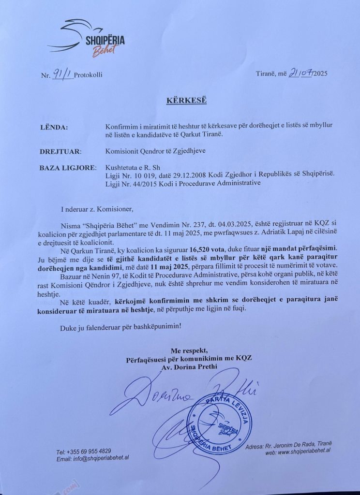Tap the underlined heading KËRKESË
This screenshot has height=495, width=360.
[x=180, y=101]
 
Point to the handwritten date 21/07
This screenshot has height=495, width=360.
[x=300, y=73]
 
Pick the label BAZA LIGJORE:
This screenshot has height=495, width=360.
[x=68, y=168]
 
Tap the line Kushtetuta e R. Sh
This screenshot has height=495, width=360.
[x=132, y=168]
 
